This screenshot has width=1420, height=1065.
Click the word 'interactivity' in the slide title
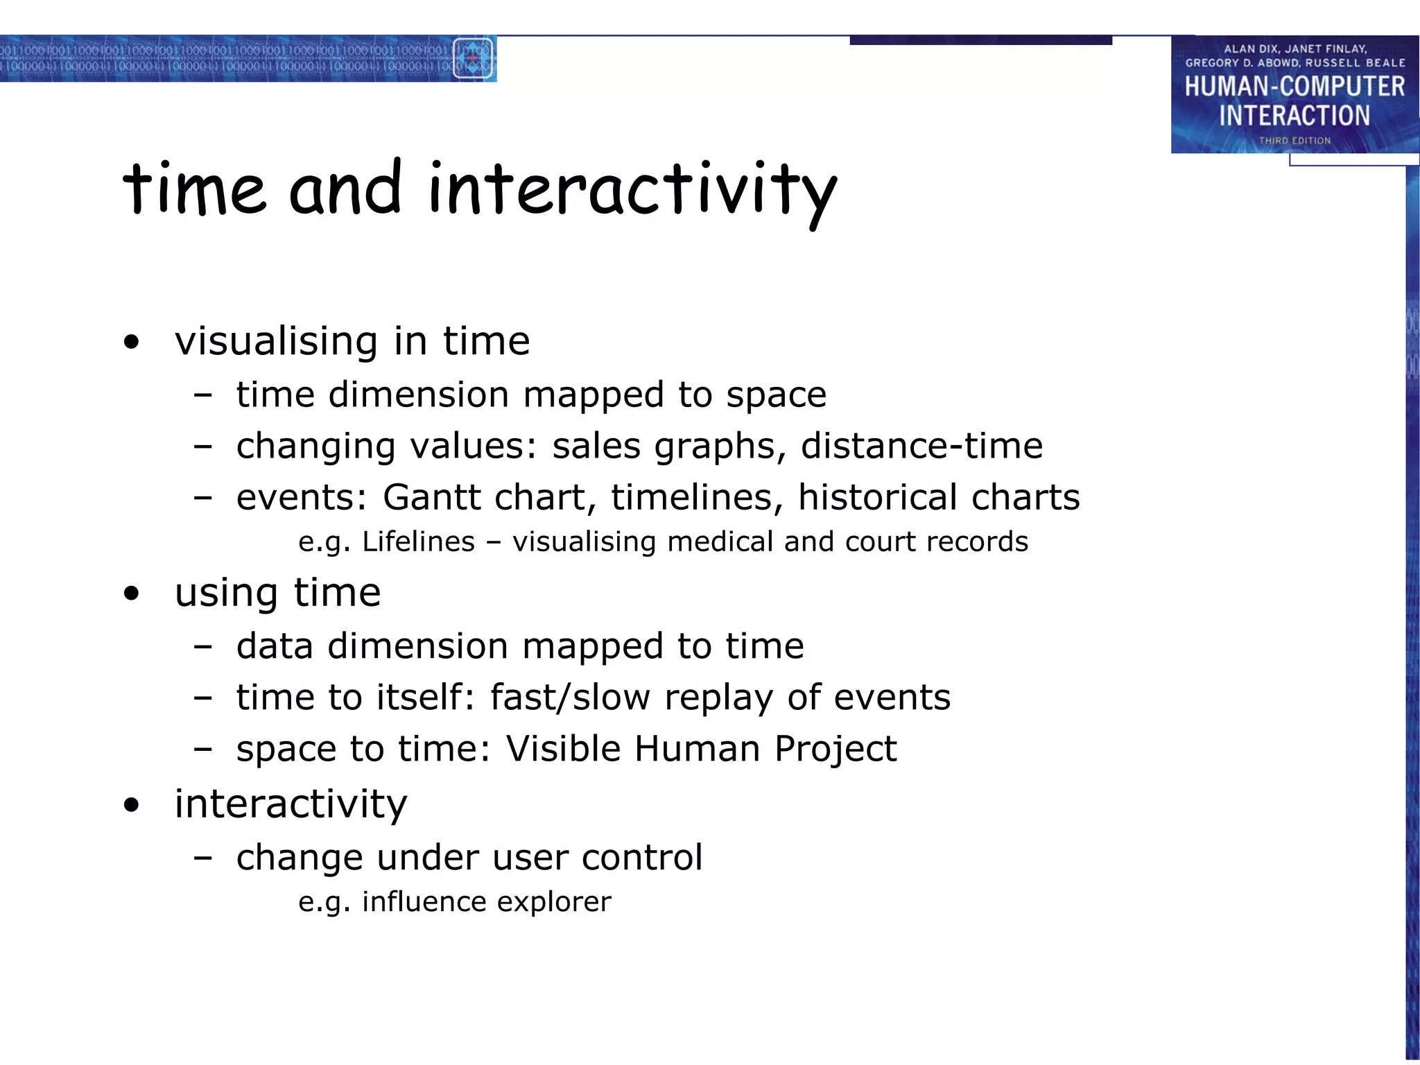pos(632,189)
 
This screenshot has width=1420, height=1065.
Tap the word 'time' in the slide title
pos(194,189)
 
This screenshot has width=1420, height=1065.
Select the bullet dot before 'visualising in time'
pos(131,342)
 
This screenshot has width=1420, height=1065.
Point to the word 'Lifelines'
pos(418,542)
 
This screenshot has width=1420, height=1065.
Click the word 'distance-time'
pos(921,446)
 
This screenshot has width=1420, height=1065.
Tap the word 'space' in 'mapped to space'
pos(776,395)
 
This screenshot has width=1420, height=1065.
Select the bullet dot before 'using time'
pos(131,594)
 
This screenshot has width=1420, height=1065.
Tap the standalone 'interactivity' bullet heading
pos(291,804)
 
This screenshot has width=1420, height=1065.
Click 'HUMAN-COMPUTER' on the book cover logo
pos(1295,87)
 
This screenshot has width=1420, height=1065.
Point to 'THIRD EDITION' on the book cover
pos(1295,141)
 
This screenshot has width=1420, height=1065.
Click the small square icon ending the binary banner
pos(473,59)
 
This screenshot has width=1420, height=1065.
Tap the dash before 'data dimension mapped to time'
pos(202,647)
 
